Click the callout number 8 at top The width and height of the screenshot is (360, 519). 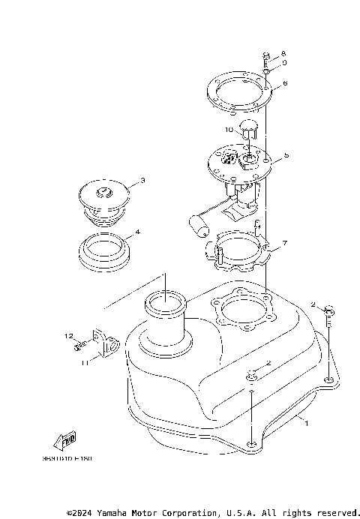tap(283, 54)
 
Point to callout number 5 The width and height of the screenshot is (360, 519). tap(286, 156)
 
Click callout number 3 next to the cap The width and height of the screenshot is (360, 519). tap(142, 181)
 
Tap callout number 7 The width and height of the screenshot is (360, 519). tap(285, 244)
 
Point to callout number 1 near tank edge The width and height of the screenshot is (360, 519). tap(306, 422)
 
